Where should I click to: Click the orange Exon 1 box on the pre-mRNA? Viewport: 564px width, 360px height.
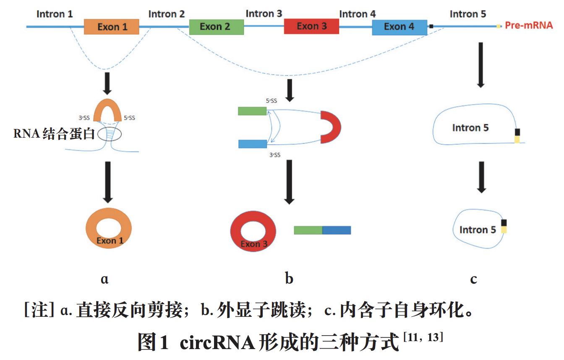pyautogui.click(x=112, y=27)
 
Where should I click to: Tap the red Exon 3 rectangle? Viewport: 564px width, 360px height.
pyautogui.click(x=311, y=26)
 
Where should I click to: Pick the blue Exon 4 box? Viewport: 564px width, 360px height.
pyautogui.click(x=399, y=27)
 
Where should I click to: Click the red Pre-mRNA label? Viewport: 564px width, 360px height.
pyautogui.click(x=529, y=26)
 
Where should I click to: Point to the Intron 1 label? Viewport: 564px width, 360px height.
pyautogui.click(x=55, y=14)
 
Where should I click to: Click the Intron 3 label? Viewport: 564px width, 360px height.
pyautogui.click(x=264, y=13)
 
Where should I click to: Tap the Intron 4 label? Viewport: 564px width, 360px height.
pyautogui.click(x=357, y=14)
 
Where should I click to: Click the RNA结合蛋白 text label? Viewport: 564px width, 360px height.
pyautogui.click(x=54, y=134)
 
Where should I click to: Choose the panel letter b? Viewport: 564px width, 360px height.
pyautogui.click(x=289, y=279)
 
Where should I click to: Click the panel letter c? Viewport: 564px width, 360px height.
pyautogui.click(x=473, y=279)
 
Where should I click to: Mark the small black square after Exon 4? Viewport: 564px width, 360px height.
pyautogui.click(x=431, y=26)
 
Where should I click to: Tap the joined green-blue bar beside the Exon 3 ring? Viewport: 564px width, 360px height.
pyautogui.click(x=322, y=230)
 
